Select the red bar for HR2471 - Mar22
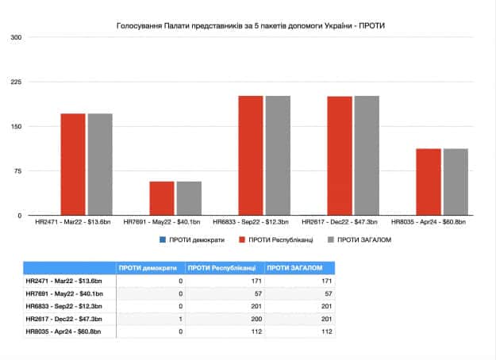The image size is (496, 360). click(x=73, y=165)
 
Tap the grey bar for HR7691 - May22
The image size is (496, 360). click(x=189, y=198)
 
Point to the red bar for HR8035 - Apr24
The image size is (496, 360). click(x=429, y=182)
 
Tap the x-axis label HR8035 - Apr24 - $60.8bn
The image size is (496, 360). click(x=429, y=222)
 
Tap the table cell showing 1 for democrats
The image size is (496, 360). click(x=180, y=319)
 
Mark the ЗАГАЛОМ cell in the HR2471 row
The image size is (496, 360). click(x=328, y=281)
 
